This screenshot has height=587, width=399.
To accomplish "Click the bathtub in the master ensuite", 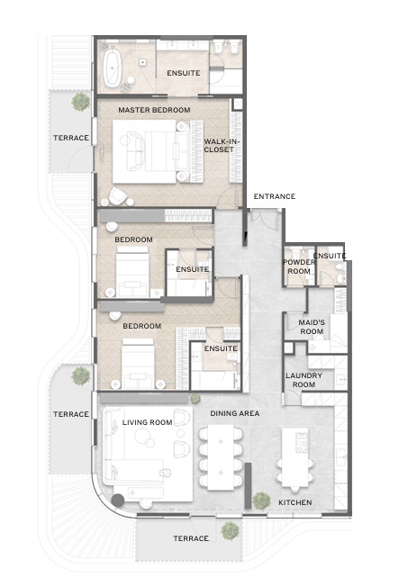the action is (x=113, y=68).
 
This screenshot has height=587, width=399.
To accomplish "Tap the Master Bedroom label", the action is (x=154, y=110).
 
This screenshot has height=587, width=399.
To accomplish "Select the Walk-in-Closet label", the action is (x=222, y=146).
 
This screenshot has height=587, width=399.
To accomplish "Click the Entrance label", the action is (x=275, y=196).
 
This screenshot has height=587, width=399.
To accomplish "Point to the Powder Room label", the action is (x=299, y=266).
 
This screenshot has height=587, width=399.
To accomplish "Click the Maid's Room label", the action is (x=312, y=327).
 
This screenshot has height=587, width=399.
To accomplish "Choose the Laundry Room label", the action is (x=304, y=380).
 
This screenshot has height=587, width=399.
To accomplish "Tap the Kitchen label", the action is (x=295, y=502).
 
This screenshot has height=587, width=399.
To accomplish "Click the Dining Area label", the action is (x=235, y=413).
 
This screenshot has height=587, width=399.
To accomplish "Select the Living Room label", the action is (x=147, y=422).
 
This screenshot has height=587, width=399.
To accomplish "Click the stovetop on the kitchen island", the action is (x=302, y=442).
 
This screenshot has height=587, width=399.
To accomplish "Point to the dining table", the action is (x=221, y=457).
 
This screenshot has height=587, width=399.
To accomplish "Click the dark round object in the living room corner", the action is (x=118, y=501).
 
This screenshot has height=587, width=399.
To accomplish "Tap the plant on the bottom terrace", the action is (x=230, y=531).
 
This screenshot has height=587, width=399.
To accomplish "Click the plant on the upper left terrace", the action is (x=81, y=102).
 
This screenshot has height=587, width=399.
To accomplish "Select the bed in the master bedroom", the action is (x=158, y=151).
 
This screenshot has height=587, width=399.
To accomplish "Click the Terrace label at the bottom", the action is (x=191, y=538).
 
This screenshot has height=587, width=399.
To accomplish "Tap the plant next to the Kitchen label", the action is (x=261, y=501).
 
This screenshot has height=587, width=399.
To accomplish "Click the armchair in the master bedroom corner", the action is (x=118, y=196).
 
